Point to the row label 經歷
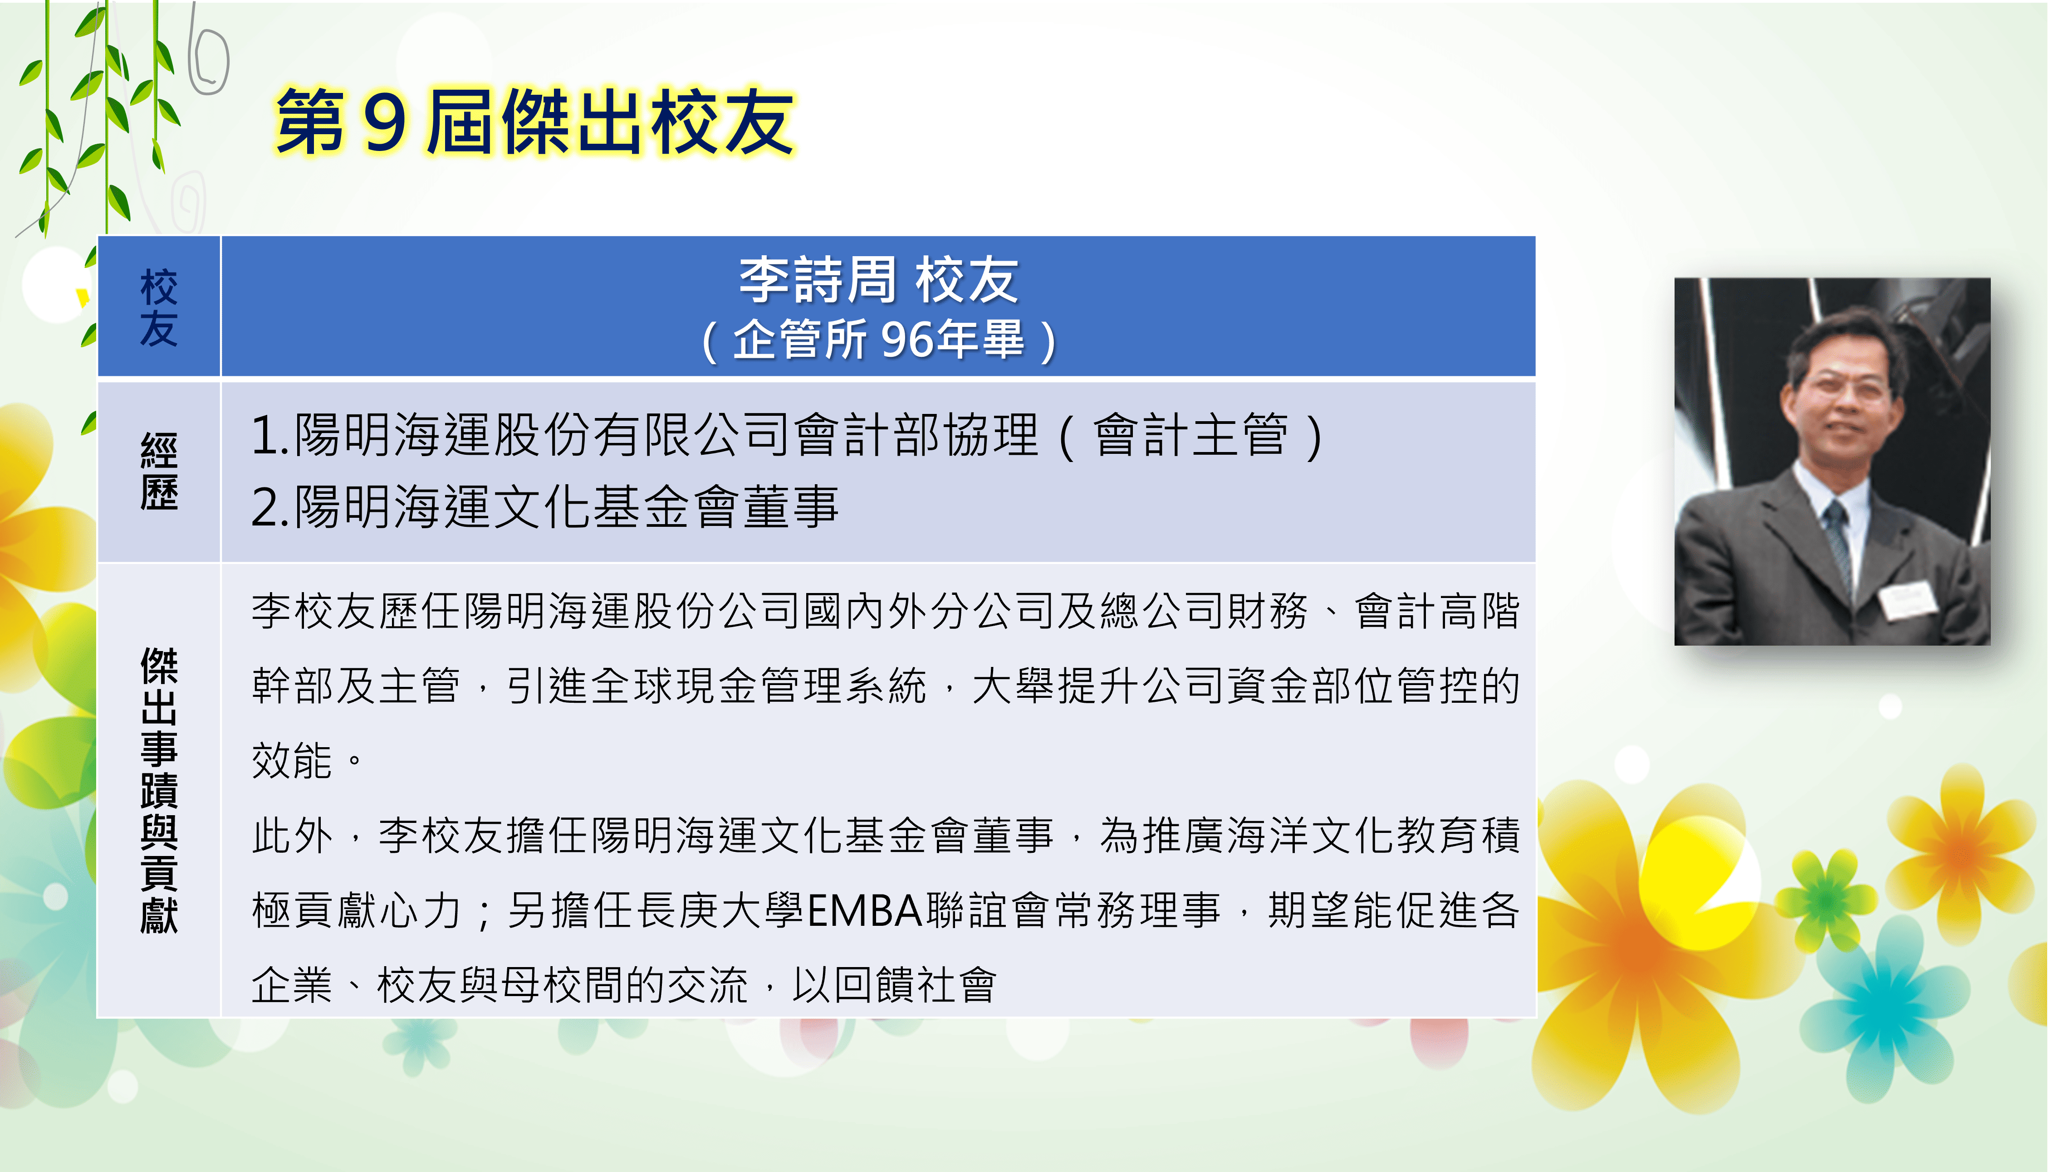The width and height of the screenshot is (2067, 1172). [x=159, y=472]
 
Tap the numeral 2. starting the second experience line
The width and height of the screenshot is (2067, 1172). [x=270, y=508]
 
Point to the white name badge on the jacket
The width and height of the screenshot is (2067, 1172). [x=1908, y=598]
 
